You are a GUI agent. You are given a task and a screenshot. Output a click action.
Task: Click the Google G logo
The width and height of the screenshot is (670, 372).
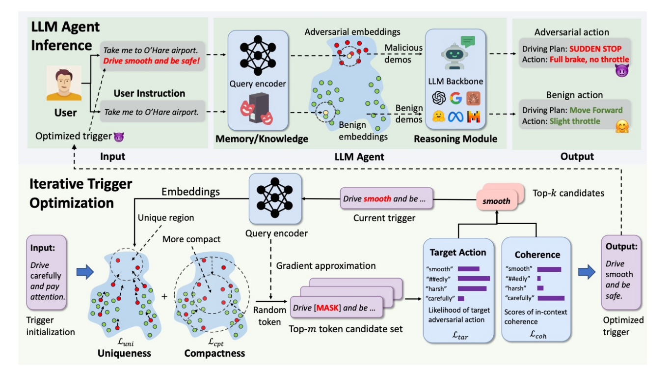click(455, 98)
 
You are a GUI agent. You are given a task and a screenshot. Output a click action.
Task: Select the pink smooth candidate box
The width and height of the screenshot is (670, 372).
click(496, 200)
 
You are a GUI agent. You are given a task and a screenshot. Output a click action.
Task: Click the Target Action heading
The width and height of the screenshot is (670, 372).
click(458, 253)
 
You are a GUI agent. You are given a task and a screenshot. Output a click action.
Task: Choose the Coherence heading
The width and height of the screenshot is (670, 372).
click(536, 255)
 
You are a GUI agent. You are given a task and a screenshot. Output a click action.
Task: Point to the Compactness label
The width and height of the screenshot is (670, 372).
click(214, 353)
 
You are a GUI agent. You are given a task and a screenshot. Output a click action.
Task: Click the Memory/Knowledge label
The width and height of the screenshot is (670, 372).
click(262, 139)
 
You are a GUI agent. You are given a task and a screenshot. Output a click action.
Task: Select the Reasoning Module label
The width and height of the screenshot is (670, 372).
click(455, 139)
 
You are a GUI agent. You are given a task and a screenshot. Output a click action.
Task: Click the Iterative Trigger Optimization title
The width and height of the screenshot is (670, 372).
click(81, 193)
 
